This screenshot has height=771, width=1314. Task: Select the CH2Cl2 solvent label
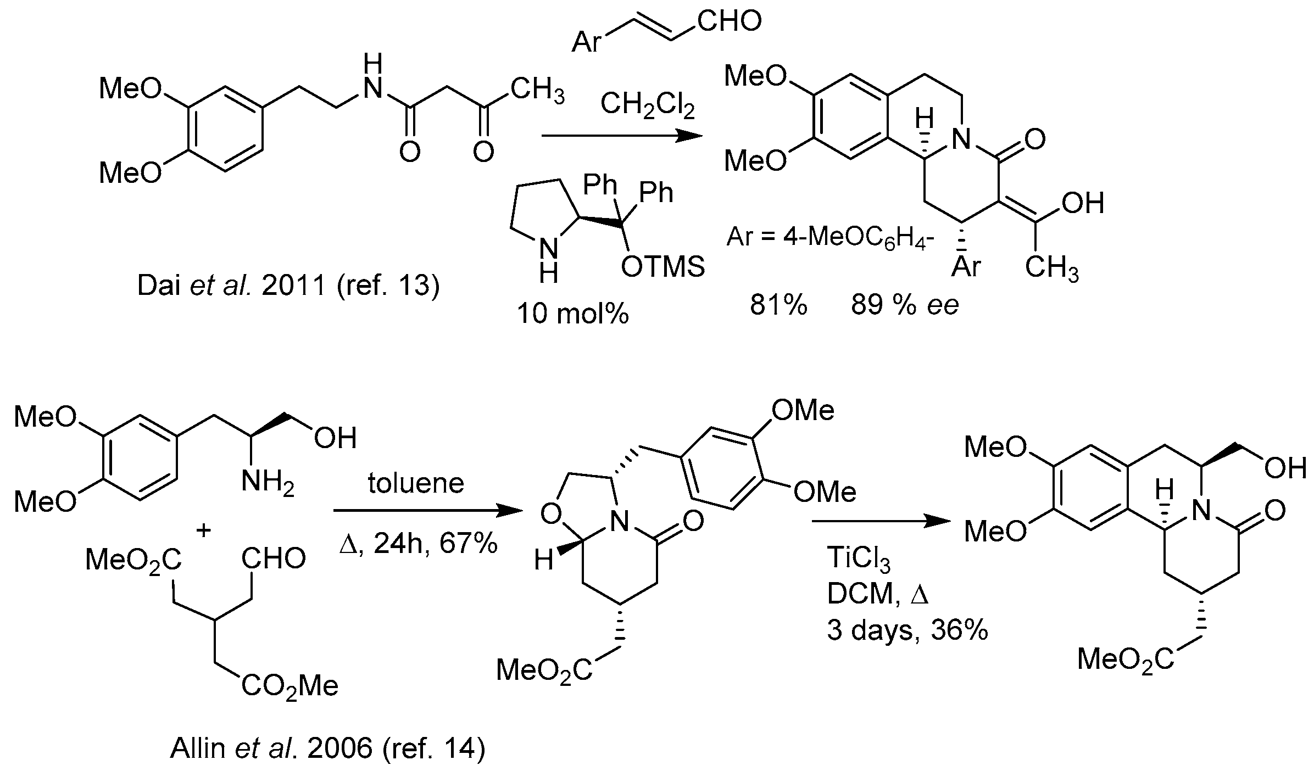click(x=648, y=104)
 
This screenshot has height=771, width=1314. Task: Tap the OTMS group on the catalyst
click(x=662, y=267)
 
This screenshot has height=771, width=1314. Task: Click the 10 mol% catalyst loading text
click(x=573, y=314)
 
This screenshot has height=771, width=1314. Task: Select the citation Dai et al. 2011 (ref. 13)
click(x=288, y=286)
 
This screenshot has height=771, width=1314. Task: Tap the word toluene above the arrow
click(x=416, y=484)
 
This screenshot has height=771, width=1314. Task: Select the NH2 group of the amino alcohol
click(x=268, y=484)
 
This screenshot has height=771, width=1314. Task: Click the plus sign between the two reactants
click(x=203, y=531)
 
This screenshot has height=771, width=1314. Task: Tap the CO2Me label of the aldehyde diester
click(x=289, y=686)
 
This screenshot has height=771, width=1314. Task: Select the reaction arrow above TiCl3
click(x=881, y=522)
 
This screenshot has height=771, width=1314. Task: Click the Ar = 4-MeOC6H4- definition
click(x=831, y=238)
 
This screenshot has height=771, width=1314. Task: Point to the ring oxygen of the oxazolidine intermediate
click(x=550, y=514)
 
